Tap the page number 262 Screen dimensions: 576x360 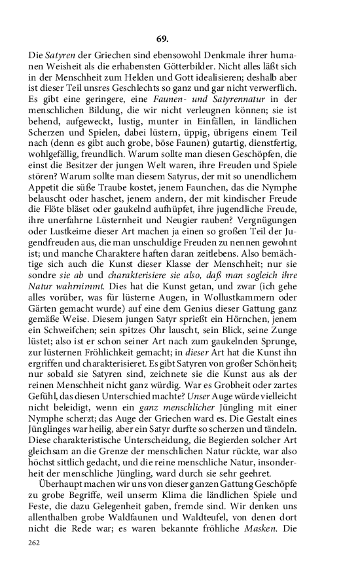click(x=35, y=543)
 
